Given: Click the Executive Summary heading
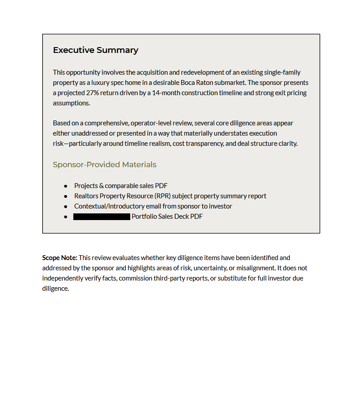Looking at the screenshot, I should pyautogui.click(x=96, y=50).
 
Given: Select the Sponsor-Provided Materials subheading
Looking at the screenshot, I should pyautogui.click(x=104, y=164).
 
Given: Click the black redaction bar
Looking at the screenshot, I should pyautogui.click(x=102, y=217).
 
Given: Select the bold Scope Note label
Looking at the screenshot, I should pyautogui.click(x=60, y=257).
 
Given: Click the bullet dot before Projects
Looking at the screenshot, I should pyautogui.click(x=66, y=186).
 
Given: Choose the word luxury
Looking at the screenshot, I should pyautogui.click(x=91, y=83).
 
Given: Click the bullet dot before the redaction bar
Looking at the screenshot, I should pyautogui.click(x=66, y=217).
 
